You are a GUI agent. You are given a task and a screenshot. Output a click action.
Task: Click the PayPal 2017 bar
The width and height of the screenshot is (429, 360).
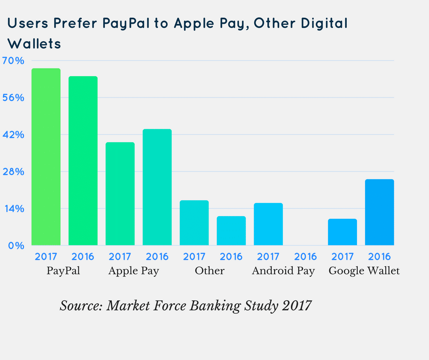pyautogui.click(x=46, y=157)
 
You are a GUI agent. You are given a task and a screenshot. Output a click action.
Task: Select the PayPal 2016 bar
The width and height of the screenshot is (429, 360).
pyautogui.click(x=83, y=161)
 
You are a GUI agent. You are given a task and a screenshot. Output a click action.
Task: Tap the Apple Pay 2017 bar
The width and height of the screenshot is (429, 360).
pyautogui.click(x=120, y=194)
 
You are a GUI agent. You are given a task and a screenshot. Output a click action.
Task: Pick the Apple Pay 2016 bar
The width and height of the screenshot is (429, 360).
pyautogui.click(x=157, y=187)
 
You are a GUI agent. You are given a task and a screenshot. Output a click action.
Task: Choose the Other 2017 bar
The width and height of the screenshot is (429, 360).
pyautogui.click(x=194, y=223)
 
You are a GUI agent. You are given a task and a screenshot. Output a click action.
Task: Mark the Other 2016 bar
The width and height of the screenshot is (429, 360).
pyautogui.click(x=231, y=231)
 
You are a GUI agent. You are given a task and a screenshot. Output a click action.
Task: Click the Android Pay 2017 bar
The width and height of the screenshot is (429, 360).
pyautogui.click(x=268, y=224)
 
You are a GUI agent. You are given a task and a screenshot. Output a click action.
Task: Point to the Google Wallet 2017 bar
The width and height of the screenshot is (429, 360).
pyautogui.click(x=342, y=232)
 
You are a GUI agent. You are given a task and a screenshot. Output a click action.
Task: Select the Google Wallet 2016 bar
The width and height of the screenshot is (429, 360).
pyautogui.click(x=379, y=212)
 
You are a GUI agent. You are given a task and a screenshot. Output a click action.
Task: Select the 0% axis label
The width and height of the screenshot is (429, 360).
pyautogui.click(x=16, y=246)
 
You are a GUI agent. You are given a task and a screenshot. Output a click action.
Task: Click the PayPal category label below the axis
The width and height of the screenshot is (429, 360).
pyautogui.click(x=63, y=270)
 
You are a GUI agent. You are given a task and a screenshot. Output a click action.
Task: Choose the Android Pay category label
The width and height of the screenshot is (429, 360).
pyautogui.click(x=283, y=270)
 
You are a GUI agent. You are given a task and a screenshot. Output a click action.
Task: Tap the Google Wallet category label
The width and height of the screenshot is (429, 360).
pyautogui.click(x=364, y=270)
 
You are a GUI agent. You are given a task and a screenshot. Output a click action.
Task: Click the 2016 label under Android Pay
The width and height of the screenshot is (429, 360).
pyautogui.click(x=305, y=256)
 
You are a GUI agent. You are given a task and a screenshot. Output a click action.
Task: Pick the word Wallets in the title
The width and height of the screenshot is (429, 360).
pyautogui.click(x=35, y=44)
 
